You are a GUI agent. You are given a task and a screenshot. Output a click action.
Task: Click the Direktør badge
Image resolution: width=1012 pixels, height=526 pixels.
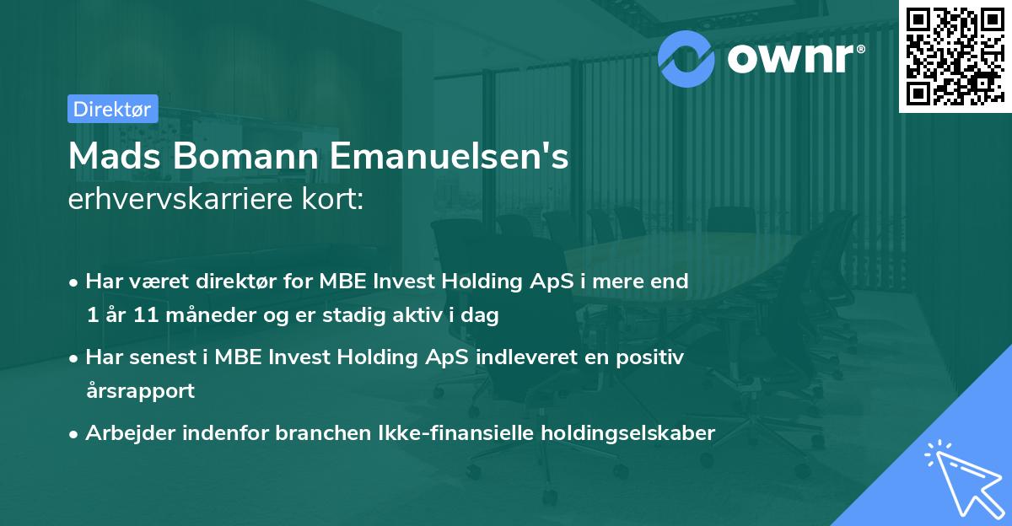click(x=112, y=109)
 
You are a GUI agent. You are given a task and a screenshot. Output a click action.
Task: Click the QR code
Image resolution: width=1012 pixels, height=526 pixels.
click(x=955, y=56)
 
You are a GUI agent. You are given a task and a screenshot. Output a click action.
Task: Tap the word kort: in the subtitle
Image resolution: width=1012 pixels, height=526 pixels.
click(x=337, y=200)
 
